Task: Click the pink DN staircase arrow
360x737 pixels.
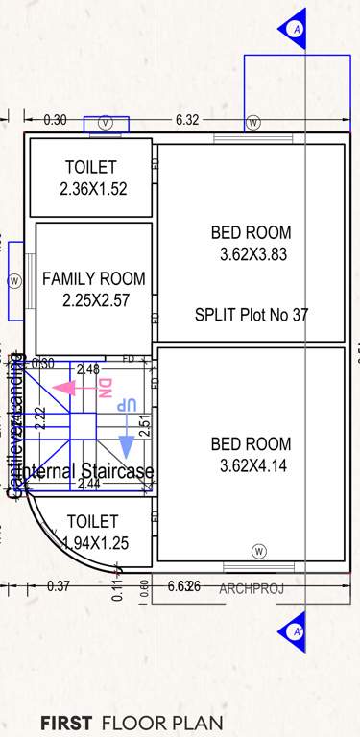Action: (x=65, y=388)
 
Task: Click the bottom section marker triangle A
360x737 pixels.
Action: (x=294, y=631)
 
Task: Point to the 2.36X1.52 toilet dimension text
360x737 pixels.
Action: (x=93, y=189)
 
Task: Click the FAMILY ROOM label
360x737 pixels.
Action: (x=94, y=279)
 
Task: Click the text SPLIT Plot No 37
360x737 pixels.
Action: (x=252, y=315)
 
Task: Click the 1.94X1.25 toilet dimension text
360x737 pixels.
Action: (x=94, y=543)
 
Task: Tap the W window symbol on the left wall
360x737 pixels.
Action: (x=14, y=281)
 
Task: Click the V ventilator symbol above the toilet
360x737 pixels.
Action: (x=106, y=123)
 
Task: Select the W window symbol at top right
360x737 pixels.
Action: (x=253, y=123)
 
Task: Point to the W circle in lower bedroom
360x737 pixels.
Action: (x=258, y=550)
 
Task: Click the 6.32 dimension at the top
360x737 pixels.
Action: (x=187, y=120)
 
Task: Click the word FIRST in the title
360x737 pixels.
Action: (x=66, y=723)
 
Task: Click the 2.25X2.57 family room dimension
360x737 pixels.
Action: (x=94, y=299)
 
